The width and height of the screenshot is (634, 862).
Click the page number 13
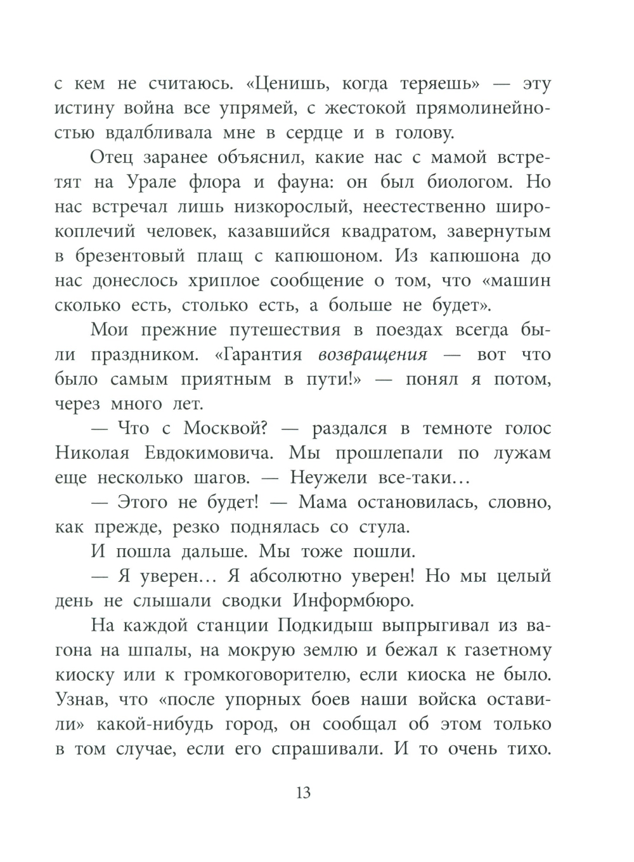pyautogui.click(x=303, y=793)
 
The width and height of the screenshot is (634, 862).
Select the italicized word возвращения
pyautogui.click(x=372, y=354)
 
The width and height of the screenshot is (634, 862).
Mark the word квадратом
pyautogui.click(x=389, y=231)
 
